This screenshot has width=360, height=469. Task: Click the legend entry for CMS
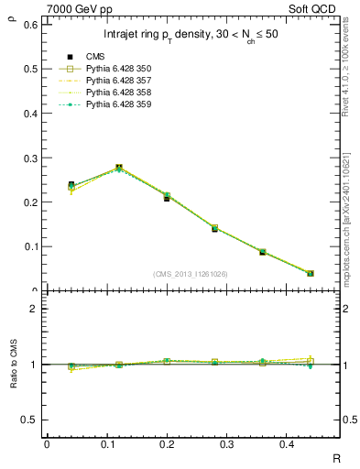pos(94,57)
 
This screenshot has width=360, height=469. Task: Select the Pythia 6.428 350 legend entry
pos(118,69)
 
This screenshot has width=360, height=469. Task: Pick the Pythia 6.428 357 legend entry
pos(118,81)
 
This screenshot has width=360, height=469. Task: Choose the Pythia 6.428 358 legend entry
pos(118,93)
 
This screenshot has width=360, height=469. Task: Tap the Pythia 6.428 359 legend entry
pos(118,104)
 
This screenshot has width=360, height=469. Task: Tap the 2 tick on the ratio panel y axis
pos(35,310)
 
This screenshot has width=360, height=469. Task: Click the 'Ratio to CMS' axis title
pos(12,365)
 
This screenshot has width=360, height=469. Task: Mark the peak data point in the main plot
pos(119,168)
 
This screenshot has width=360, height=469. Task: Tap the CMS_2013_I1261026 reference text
pos(190,273)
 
